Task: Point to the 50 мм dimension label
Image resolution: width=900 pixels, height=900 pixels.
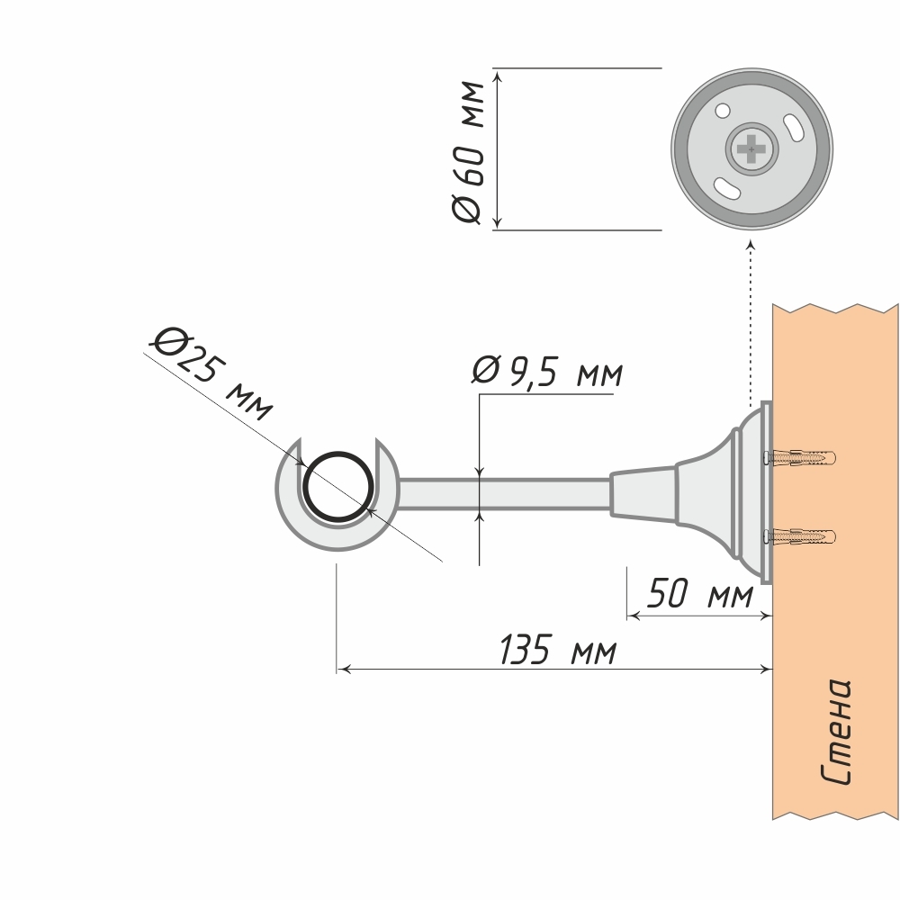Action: (700, 596)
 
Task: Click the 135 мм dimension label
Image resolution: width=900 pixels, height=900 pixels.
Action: (558, 650)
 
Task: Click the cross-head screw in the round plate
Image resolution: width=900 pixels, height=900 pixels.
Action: (751, 148)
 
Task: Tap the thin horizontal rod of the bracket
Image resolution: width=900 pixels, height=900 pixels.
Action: (504, 494)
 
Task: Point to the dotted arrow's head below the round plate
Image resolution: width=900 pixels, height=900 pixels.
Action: (751, 245)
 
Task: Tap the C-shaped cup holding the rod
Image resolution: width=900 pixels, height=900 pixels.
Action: (297, 522)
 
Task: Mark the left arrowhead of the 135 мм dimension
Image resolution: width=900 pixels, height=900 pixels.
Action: (343, 669)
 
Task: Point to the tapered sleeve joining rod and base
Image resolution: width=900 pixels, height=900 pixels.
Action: (643, 493)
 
